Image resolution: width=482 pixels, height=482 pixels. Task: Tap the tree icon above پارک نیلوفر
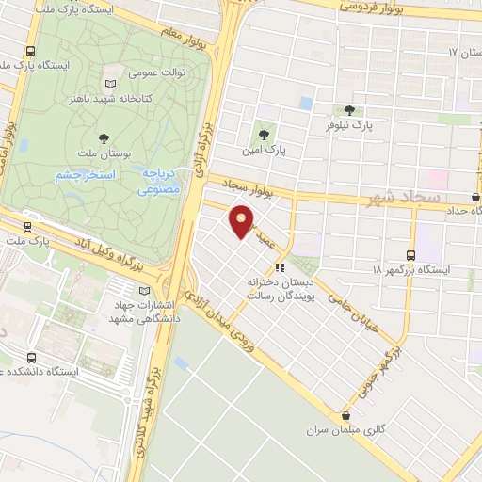tap(350, 110)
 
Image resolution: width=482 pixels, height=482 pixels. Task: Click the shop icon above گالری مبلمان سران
tap(346, 415)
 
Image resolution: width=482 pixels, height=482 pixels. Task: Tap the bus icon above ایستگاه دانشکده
tap(33, 358)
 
